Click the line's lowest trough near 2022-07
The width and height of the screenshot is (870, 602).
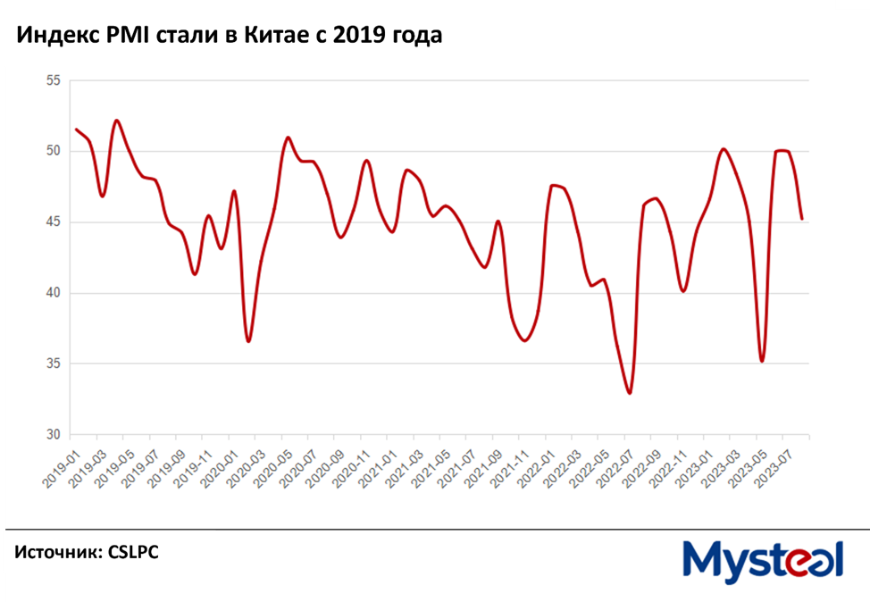click(630, 393)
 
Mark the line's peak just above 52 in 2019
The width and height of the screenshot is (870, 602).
click(117, 120)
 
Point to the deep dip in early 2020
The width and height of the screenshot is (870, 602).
click(248, 341)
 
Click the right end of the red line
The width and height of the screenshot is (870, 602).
click(802, 219)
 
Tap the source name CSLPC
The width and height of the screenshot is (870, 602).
click(133, 554)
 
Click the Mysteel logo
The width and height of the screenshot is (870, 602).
click(763, 561)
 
